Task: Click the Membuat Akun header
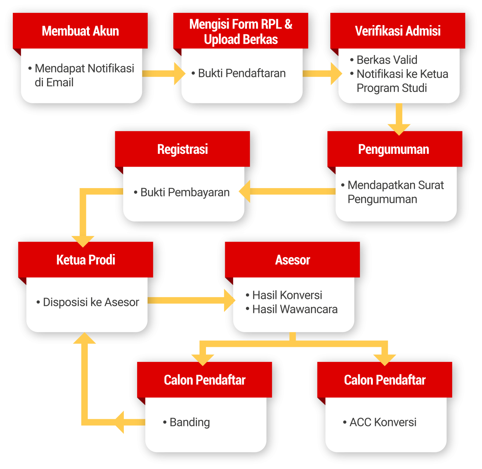(x=80, y=31)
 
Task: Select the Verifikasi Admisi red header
(x=398, y=31)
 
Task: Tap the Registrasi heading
(x=182, y=149)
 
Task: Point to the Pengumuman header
(x=394, y=149)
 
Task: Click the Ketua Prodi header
(x=85, y=260)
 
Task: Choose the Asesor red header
(x=292, y=260)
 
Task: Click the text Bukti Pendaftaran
(x=242, y=73)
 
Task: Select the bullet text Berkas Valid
(x=387, y=60)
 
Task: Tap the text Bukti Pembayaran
(x=185, y=192)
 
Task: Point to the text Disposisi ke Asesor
(x=91, y=302)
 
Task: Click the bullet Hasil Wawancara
(x=295, y=309)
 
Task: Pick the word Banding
(x=190, y=422)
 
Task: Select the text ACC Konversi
(x=383, y=422)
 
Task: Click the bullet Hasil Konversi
(x=287, y=295)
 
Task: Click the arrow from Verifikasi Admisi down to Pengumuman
(x=399, y=119)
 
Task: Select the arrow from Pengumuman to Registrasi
(x=290, y=191)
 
